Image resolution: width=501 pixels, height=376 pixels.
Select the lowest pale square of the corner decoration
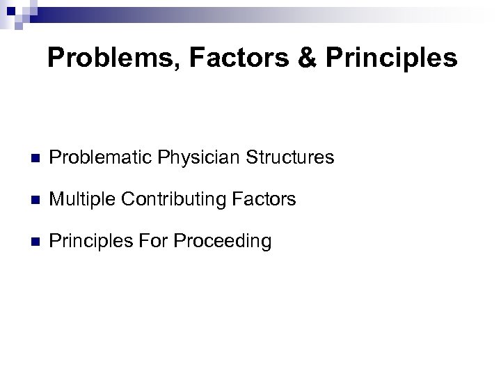point(19,26)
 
